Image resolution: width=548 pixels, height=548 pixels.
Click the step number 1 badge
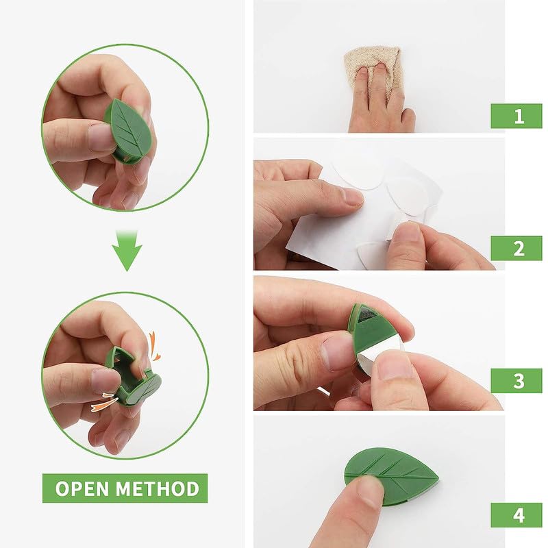(x=516, y=116)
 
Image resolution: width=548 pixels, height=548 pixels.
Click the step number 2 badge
(x=516, y=248)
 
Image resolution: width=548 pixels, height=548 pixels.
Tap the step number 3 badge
(x=516, y=381)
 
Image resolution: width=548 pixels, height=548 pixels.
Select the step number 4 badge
(x=516, y=513)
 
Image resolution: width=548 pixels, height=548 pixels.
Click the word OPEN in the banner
(x=82, y=488)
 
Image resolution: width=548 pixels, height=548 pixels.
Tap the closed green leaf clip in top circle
(x=129, y=130)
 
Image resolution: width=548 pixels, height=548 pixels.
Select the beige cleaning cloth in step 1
(x=374, y=65)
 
